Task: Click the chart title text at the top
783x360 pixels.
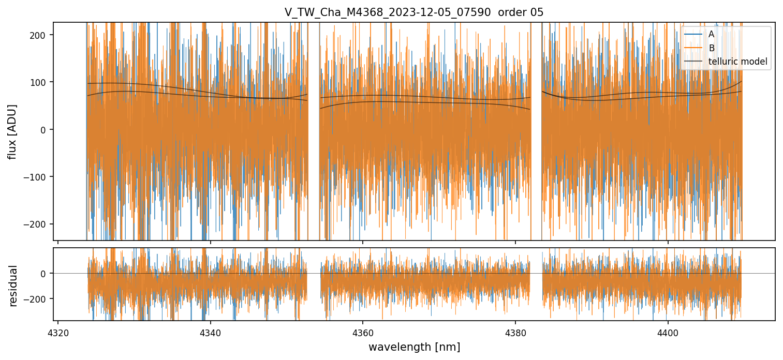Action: click(413, 12)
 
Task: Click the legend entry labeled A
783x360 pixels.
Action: click(712, 34)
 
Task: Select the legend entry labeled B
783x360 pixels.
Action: click(712, 48)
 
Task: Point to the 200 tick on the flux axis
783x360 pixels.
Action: click(42, 35)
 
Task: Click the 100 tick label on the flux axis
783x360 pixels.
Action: click(42, 82)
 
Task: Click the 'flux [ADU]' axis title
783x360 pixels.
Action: click(12, 131)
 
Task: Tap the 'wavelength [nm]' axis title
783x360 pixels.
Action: click(413, 347)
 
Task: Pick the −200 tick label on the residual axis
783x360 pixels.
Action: click(39, 299)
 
